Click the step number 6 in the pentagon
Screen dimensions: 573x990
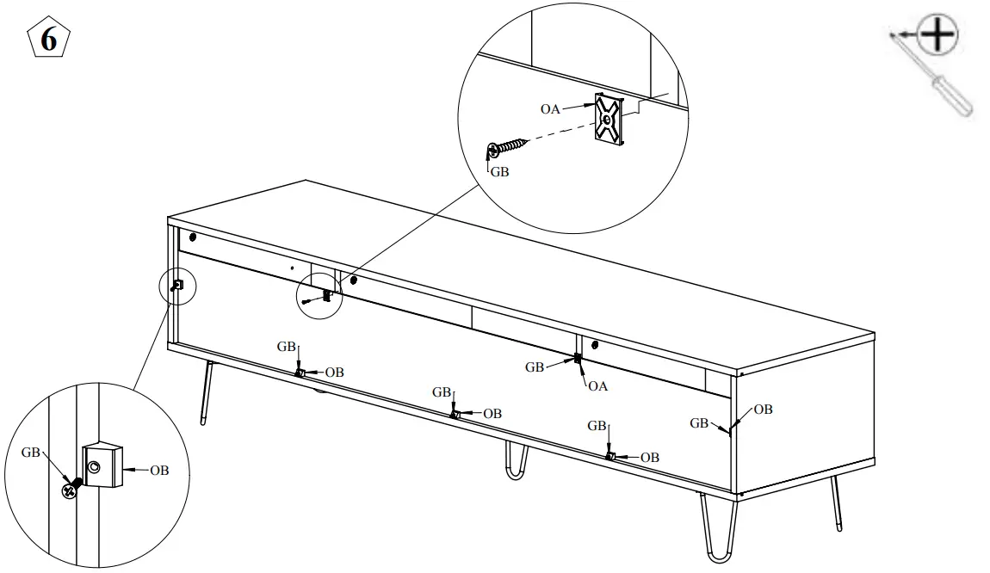49,40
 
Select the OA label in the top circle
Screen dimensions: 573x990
551,108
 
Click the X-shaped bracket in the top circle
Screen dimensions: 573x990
608,120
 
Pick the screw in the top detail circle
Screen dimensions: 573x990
508,147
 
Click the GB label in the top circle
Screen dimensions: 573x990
499,171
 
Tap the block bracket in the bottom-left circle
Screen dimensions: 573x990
102,466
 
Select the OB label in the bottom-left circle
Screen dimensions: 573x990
159,470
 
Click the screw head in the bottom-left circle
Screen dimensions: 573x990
68,490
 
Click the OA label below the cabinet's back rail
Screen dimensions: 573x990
597,386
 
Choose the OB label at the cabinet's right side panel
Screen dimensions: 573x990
763,410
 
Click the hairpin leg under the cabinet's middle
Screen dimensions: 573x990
515,462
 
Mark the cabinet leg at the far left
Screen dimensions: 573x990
206,393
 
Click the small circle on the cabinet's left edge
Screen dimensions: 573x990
178,284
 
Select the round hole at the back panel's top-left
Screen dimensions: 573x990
191,237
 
